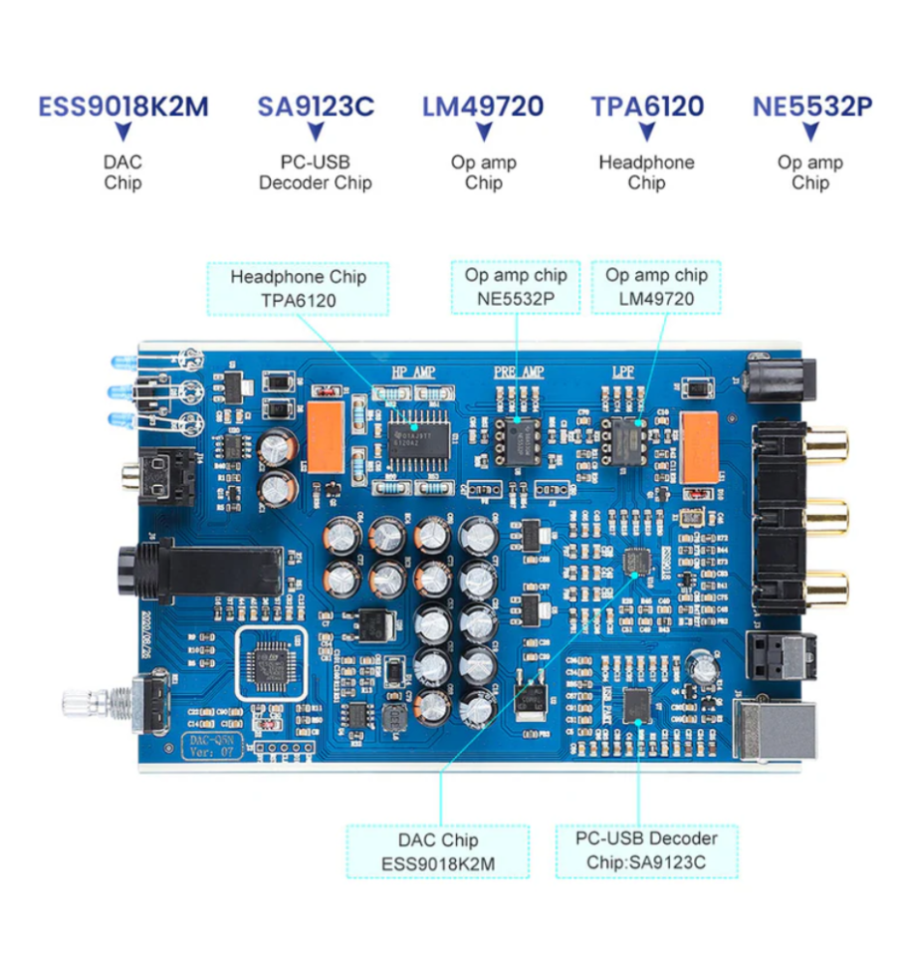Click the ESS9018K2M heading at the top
tap(123, 106)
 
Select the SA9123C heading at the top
tap(316, 106)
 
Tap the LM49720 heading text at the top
tap(483, 106)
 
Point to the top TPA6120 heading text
tap(648, 106)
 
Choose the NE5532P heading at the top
tap(812, 106)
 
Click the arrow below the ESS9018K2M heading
tap(123, 132)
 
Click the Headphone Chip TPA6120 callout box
tap(297, 288)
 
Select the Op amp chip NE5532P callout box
tap(516, 287)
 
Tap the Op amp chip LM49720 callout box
tap(656, 287)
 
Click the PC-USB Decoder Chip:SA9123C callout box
tap(647, 850)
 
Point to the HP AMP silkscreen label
tap(413, 372)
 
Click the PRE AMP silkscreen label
tap(519, 372)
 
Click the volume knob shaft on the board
tap(87, 702)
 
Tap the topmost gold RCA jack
tap(830, 446)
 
